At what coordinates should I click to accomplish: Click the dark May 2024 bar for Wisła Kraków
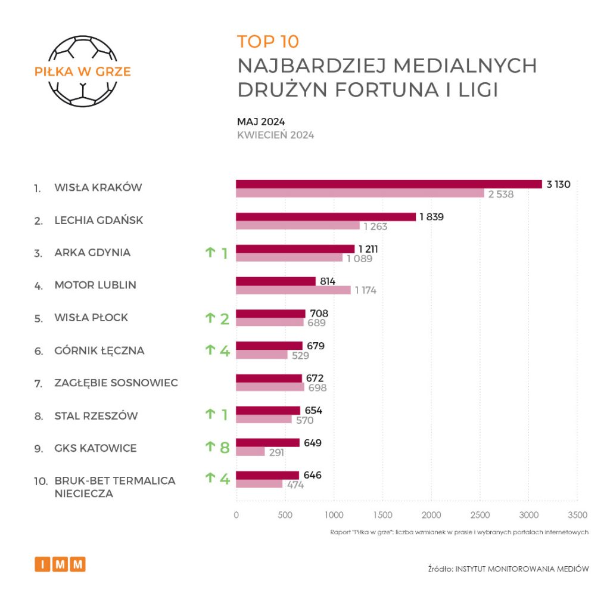[x=389, y=184]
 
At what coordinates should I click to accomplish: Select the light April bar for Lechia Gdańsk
[x=298, y=226]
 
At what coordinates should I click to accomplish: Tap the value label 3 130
[x=558, y=184]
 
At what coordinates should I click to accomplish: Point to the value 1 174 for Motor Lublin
[x=366, y=290]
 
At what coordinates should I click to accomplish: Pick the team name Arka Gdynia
[x=92, y=253]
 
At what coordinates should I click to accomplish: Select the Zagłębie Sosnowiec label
[x=116, y=383]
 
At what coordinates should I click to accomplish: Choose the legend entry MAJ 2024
[x=261, y=122]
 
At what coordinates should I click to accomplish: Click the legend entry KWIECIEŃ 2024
[x=275, y=135]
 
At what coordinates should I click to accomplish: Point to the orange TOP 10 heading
[x=268, y=42]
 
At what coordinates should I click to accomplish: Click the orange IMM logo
[x=60, y=564]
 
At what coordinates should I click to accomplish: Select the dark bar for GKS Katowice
[x=267, y=443]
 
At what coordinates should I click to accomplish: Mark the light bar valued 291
[x=250, y=452]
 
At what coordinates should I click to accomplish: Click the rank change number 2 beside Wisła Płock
[x=225, y=319]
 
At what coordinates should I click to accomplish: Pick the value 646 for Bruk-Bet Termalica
[x=313, y=475]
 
